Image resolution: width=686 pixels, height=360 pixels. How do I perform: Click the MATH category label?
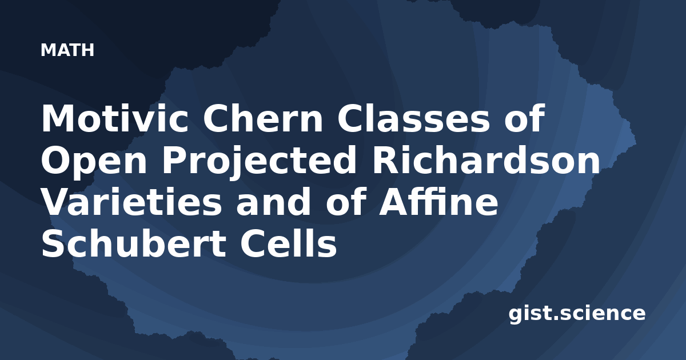67,50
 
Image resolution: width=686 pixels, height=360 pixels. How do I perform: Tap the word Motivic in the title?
115,118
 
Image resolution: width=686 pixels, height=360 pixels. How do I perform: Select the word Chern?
262,118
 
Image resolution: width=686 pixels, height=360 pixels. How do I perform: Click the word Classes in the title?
413,118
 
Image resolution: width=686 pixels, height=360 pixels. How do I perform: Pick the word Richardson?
485,161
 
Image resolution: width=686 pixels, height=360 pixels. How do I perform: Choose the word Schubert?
134,243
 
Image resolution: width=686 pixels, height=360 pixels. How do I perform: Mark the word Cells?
289,243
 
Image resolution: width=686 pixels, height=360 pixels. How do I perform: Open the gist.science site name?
577,314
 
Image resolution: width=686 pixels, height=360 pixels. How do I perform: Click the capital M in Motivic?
58,118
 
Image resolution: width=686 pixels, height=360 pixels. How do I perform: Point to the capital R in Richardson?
386,161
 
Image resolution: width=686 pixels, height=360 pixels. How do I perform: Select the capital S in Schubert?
54,243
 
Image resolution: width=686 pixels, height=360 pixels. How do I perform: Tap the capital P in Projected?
174,161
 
